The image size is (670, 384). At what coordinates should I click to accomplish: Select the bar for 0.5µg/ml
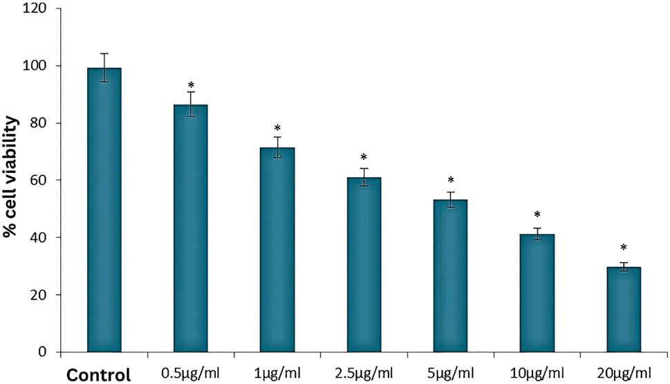coord(190,228)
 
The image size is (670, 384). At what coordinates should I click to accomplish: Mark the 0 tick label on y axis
coord(49,353)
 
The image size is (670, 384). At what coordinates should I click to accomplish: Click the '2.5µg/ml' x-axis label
coord(364,374)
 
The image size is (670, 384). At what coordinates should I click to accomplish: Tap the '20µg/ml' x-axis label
coord(624,374)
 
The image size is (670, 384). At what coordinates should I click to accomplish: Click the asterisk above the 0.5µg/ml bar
coord(190,85)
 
